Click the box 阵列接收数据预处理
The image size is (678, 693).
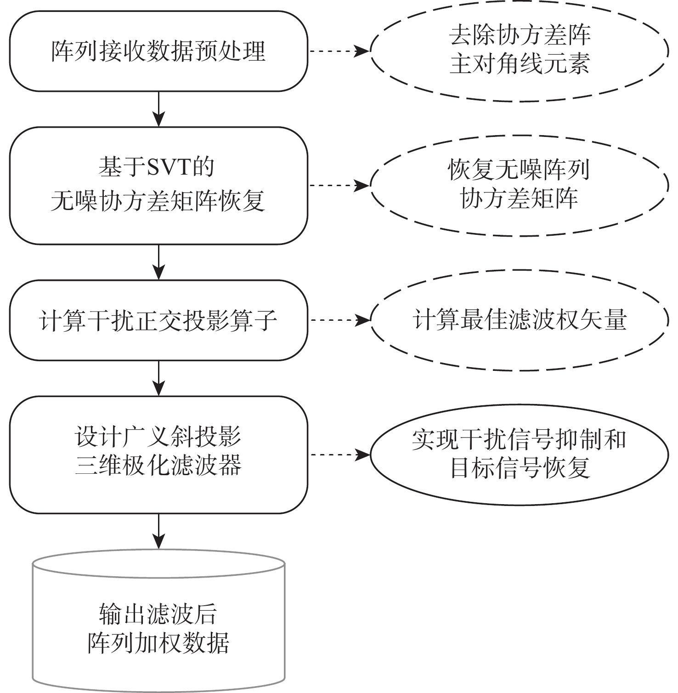click(x=158, y=51)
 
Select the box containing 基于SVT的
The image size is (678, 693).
click(x=158, y=186)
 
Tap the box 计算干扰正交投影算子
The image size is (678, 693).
click(x=158, y=320)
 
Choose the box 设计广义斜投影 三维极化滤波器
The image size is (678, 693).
click(x=158, y=454)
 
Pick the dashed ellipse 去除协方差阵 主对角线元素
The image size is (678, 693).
click(x=520, y=51)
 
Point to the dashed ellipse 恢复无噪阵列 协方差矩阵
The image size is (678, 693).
click(x=520, y=185)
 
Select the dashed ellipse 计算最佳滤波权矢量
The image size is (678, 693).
click(x=520, y=320)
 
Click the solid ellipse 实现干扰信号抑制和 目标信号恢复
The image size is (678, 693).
click(x=520, y=454)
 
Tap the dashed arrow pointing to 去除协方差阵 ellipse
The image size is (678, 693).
click(x=339, y=51)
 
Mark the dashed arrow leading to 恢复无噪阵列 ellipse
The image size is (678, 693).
click(x=339, y=186)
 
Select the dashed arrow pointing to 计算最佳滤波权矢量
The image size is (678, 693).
click(x=339, y=320)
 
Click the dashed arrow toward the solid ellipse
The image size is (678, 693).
click(x=339, y=455)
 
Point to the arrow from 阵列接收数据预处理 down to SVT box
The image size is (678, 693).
click(x=158, y=109)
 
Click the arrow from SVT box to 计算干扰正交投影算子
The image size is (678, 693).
click(x=158, y=262)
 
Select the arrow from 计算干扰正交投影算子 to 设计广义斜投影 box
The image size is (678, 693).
click(x=158, y=378)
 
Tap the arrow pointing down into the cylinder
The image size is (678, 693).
click(x=158, y=531)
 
